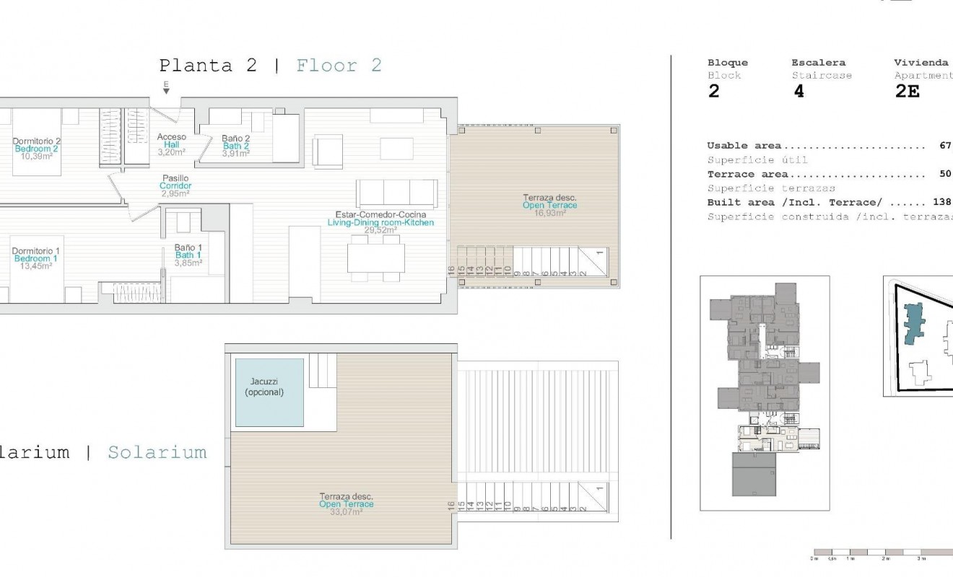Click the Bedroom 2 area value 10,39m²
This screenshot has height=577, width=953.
click(x=35, y=157)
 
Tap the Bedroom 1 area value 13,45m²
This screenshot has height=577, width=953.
click(x=35, y=266)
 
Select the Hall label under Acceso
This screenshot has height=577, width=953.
click(x=171, y=144)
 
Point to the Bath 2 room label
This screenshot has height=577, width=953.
click(x=236, y=146)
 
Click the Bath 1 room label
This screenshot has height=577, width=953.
click(x=188, y=255)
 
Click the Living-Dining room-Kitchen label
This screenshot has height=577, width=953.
click(x=380, y=223)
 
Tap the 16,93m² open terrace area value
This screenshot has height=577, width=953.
click(x=549, y=213)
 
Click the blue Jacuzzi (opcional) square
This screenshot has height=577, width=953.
click(x=269, y=392)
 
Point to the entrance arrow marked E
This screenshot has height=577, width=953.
click(x=166, y=89)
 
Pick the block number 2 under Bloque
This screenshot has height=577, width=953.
click(x=713, y=92)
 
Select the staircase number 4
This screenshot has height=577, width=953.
click(x=798, y=92)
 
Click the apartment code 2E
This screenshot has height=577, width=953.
click(x=907, y=92)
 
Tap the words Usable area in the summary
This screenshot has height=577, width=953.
click(x=744, y=146)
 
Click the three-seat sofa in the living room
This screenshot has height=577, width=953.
click(x=396, y=193)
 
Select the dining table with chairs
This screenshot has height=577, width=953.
click(x=375, y=258)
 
